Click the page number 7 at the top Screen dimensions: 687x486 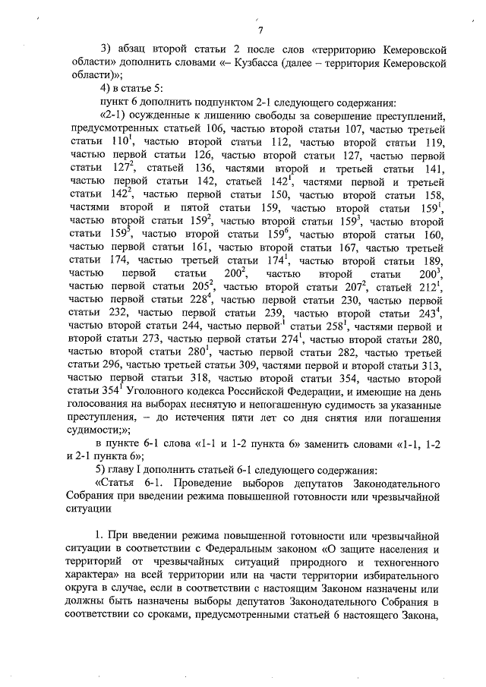259,30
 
